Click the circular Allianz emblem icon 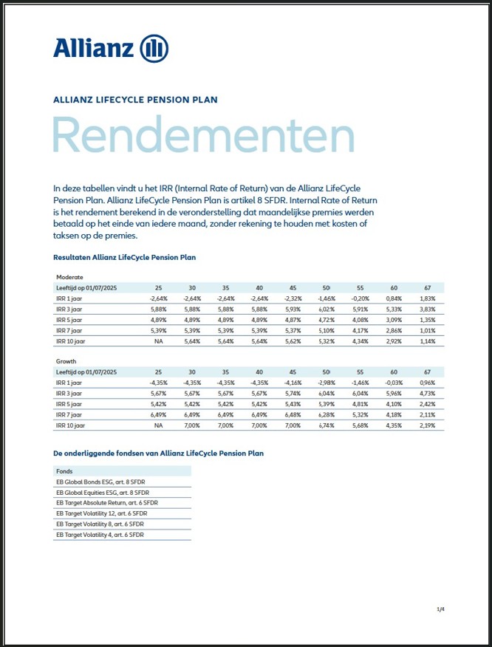coord(154,49)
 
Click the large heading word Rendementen coord(203,137)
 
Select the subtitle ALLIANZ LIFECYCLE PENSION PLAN coord(135,99)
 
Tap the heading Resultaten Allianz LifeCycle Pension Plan coord(124,257)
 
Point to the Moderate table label coord(70,276)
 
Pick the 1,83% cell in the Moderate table coord(428,298)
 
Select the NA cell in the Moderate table coord(158,342)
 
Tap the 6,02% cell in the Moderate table coord(326,309)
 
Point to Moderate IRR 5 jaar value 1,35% coord(428,320)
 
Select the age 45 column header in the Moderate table coord(293,287)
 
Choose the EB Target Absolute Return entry coord(106,502)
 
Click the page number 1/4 coord(441,609)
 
